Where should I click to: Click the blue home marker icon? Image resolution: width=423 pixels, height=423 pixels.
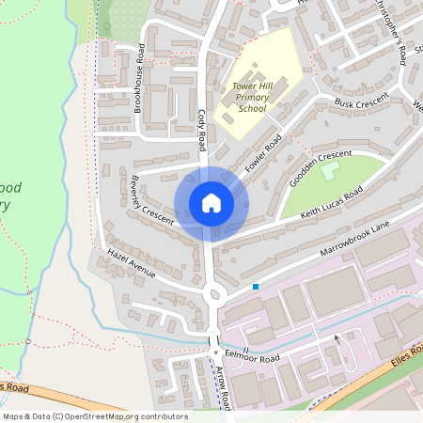pyautogui.click(x=211, y=203)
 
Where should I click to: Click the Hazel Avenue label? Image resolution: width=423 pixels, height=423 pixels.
pyautogui.click(x=131, y=263)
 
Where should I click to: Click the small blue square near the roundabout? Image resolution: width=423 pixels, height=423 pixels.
pyautogui.click(x=255, y=286)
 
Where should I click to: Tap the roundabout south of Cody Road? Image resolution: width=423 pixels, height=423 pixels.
pyautogui.click(x=214, y=295)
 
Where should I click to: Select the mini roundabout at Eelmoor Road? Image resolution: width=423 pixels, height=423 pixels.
pyautogui.click(x=216, y=353)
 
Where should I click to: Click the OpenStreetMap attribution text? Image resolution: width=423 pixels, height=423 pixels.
pyautogui.click(x=94, y=416)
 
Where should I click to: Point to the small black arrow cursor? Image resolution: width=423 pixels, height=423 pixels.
pyautogui.click(x=337, y=339)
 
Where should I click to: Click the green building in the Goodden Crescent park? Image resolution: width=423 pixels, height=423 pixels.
pyautogui.click(x=329, y=171)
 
